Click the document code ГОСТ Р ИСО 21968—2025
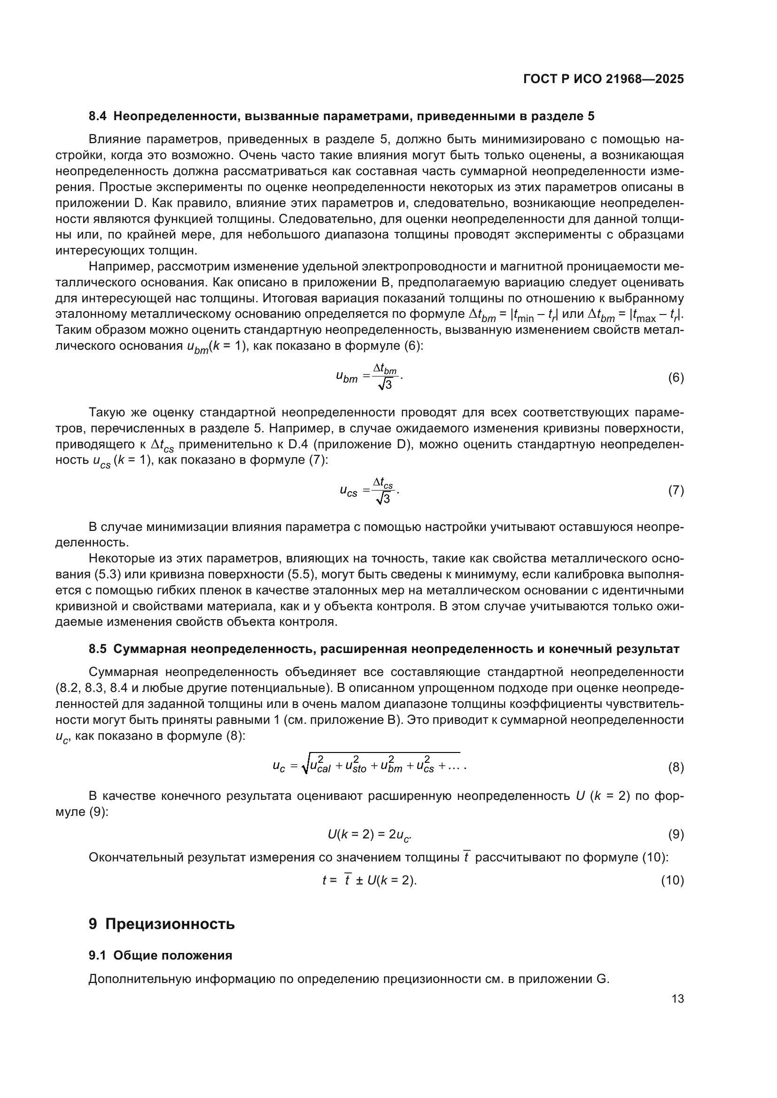[603, 79]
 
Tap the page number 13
[677, 999]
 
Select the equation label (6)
[676, 378]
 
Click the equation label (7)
[676, 490]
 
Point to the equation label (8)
[676, 768]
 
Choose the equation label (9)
[676, 835]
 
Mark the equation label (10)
[672, 880]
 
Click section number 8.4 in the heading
[98, 116]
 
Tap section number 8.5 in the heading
[98, 649]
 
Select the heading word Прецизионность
[170, 924]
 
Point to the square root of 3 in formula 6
[385, 384]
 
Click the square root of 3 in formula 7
[384, 499]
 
